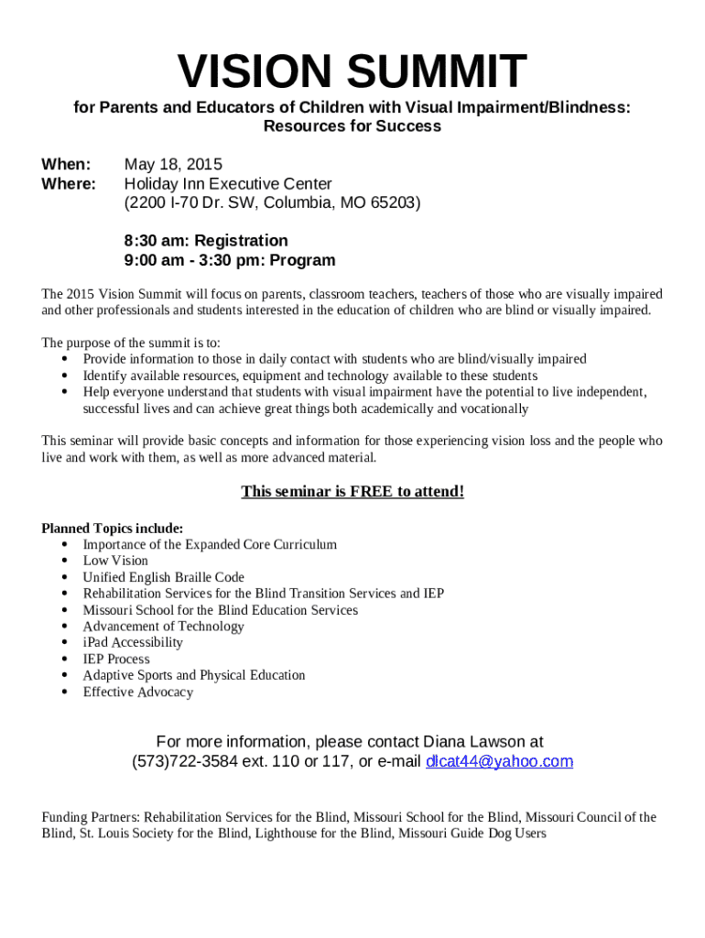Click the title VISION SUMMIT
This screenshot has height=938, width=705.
(x=352, y=73)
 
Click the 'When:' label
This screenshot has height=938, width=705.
(x=66, y=165)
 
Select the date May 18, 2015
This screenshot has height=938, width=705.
(x=173, y=165)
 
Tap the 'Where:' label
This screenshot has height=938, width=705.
(x=69, y=184)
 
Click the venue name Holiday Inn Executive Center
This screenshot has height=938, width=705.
(x=228, y=184)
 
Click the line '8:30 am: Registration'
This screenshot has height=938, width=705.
(x=206, y=241)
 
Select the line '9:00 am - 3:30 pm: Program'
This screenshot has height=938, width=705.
(x=230, y=260)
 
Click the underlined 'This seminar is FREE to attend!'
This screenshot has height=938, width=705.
(x=352, y=492)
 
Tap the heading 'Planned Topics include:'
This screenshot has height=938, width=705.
(x=113, y=529)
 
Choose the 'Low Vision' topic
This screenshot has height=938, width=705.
(x=115, y=561)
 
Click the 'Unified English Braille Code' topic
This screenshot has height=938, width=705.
(x=164, y=577)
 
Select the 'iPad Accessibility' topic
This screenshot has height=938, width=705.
(x=133, y=642)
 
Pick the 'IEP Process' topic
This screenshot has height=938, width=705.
(x=116, y=659)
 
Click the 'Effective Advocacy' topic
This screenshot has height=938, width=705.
(x=138, y=692)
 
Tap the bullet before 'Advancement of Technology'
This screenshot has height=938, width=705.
(x=65, y=627)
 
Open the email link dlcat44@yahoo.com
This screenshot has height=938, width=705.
(x=499, y=761)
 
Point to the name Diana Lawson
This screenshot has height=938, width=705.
(x=474, y=741)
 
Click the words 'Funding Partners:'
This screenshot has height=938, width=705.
(x=91, y=817)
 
